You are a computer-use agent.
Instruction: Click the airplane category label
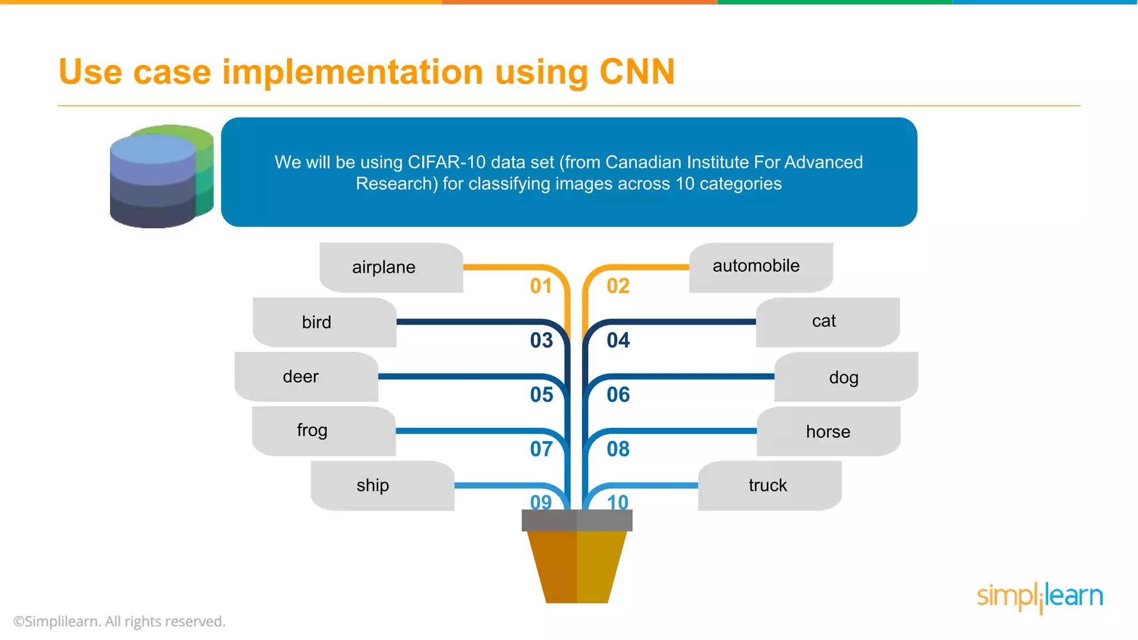coord(383,267)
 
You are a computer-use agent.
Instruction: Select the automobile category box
coord(756,266)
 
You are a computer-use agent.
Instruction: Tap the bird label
coord(317,322)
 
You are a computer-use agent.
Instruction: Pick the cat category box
coord(823,321)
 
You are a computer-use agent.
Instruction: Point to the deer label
coord(301,377)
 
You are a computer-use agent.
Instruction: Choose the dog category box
coord(843,377)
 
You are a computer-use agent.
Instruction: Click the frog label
coord(312,431)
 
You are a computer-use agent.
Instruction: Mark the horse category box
coord(828,432)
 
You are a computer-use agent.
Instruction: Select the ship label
coord(373,486)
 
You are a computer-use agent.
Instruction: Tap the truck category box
coord(768,486)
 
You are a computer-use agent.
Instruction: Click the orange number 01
coord(541,286)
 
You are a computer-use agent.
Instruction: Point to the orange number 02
coord(618,286)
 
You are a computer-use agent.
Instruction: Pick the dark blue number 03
coord(541,340)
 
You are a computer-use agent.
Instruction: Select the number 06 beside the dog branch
coord(618,394)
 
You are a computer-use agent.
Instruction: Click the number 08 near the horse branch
coord(618,449)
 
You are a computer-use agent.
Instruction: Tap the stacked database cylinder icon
coord(161,176)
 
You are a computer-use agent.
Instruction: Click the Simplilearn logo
coord(1040,597)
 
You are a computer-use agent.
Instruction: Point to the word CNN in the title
coord(637,72)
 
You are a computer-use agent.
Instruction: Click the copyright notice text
coord(119,621)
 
